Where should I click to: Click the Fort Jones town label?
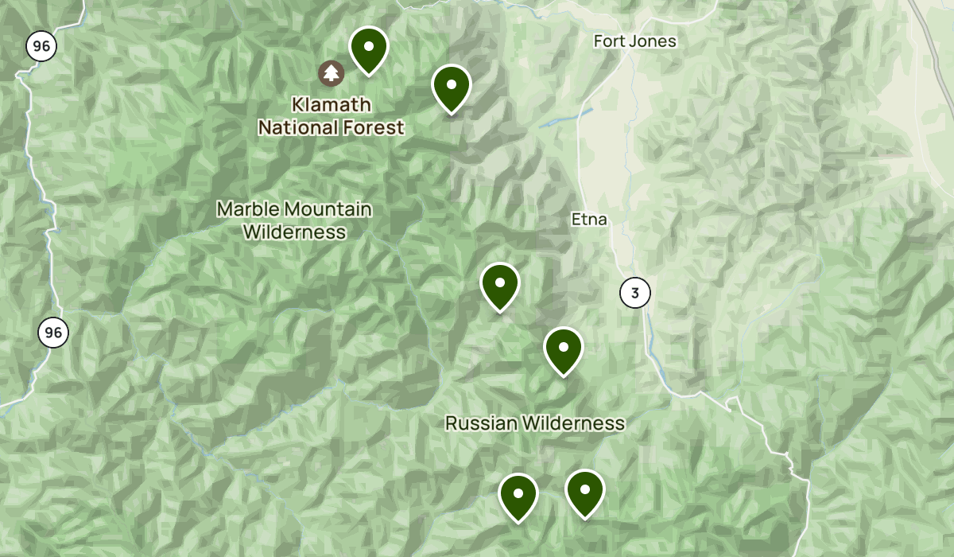[x=635, y=41]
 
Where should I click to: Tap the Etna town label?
[x=589, y=219]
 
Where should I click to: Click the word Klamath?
[x=331, y=104]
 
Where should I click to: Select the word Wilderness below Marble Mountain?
[x=294, y=232]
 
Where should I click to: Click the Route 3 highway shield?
[x=634, y=293]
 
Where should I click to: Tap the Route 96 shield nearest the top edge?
[x=41, y=46]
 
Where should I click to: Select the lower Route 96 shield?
[x=53, y=333]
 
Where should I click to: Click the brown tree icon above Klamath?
[x=331, y=74]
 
